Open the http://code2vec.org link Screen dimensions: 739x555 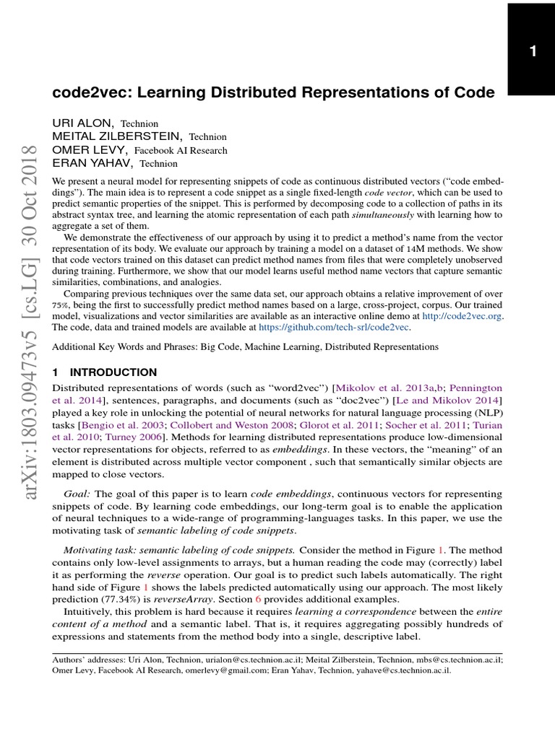pyautogui.click(x=462, y=315)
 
